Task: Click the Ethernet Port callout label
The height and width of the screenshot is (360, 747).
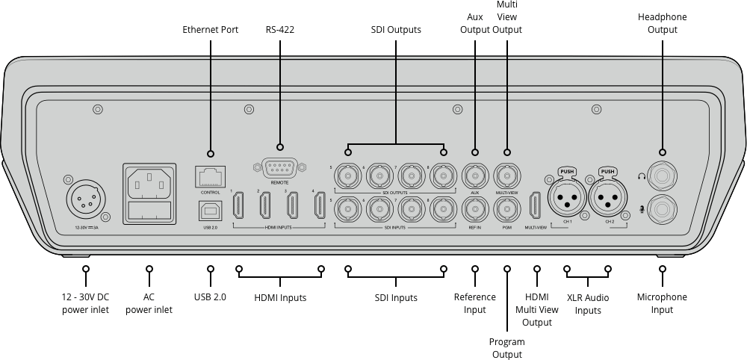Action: coord(211,30)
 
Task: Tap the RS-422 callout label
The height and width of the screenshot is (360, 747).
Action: coord(280,30)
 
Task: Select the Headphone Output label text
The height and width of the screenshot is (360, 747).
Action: coord(662,23)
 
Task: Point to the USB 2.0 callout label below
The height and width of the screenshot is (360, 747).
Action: coord(210,297)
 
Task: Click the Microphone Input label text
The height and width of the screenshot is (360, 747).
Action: coord(662,303)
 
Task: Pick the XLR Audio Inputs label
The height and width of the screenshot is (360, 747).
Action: coord(588,304)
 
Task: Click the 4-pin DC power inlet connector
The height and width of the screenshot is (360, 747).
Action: coord(85,199)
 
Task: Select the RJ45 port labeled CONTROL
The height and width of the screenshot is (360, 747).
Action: coord(210,176)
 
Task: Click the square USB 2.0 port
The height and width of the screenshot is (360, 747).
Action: coord(210,212)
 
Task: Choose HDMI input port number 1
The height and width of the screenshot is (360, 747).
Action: coord(240,205)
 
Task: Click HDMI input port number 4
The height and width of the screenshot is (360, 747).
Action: coord(320,205)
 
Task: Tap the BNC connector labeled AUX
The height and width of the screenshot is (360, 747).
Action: coord(475,176)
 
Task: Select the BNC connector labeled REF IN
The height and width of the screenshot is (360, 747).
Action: coord(475,208)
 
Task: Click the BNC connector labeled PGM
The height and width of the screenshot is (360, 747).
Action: coord(507,208)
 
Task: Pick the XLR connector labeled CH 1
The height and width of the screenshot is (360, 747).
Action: coord(568,199)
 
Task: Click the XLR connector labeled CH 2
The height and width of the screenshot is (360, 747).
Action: coord(607,199)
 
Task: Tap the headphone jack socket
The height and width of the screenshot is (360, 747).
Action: coord(662,177)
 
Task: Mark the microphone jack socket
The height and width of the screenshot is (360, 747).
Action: coord(662,208)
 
